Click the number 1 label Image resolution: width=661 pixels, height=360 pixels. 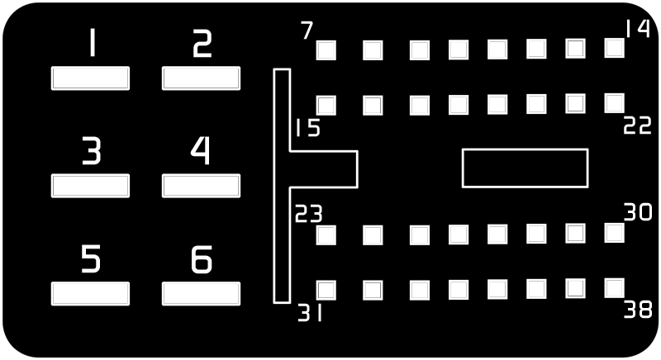click(93, 43)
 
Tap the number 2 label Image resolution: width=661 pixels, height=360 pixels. click(202, 44)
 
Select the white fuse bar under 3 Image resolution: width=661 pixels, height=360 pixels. click(90, 186)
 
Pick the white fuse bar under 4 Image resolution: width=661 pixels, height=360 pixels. click(201, 186)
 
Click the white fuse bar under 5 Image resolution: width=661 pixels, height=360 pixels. click(90, 293)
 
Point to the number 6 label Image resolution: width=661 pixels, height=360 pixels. click(202, 259)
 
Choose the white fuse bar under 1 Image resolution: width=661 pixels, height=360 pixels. click(90, 78)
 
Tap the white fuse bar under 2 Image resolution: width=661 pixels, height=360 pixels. click(201, 78)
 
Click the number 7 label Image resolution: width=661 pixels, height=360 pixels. click(307, 31)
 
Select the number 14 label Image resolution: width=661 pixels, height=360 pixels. click(638, 29)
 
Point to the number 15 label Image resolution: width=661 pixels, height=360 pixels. click(307, 128)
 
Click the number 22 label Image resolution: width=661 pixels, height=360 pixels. click(637, 125)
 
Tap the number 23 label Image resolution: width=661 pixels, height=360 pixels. click(308, 214)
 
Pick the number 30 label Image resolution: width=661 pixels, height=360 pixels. click(638, 212)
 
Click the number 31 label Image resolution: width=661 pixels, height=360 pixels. click(310, 313)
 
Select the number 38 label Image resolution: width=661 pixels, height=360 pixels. click(638, 310)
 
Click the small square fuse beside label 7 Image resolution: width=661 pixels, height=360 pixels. click(326, 50)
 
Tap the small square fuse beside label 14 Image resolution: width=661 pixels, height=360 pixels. click(614, 48)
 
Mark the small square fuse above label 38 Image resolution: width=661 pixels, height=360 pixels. click(614, 288)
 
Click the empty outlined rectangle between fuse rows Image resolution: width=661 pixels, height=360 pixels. click(525, 149)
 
